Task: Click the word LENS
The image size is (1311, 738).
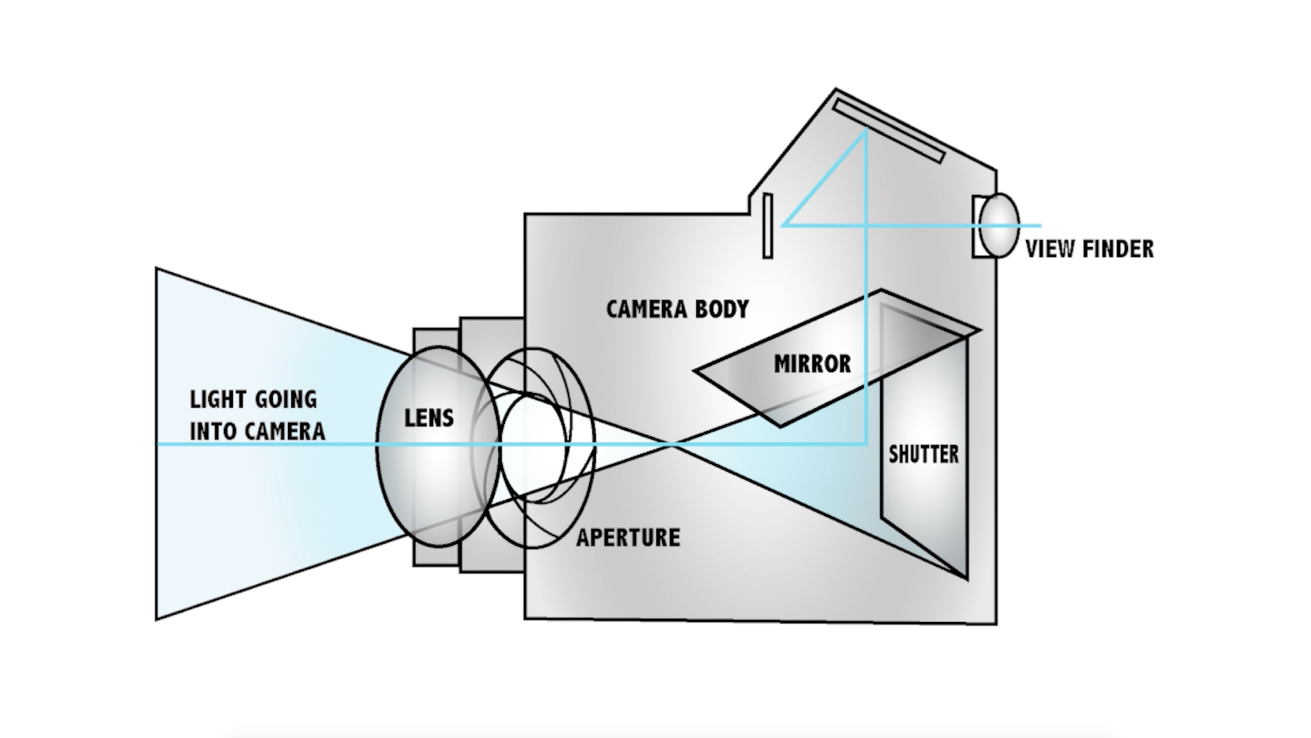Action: [428, 418]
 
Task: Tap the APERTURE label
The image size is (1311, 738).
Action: [628, 538]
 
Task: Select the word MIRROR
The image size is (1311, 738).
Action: [812, 364]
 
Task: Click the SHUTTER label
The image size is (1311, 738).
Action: [923, 454]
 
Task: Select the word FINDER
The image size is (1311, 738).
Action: [1118, 249]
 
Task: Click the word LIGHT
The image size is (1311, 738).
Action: [218, 399]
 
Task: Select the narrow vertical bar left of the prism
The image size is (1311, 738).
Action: [768, 226]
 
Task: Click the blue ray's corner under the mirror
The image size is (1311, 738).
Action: [865, 444]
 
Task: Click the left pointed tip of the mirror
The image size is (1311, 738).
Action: [696, 370]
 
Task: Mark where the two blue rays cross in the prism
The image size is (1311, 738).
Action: [866, 225]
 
